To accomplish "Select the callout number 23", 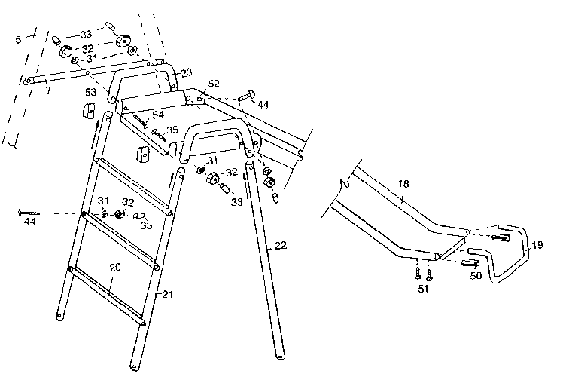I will click(186, 72).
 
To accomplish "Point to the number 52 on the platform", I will click(214, 84).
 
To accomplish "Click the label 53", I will click(91, 92).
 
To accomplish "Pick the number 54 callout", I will click(157, 115).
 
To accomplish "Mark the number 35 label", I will click(172, 130).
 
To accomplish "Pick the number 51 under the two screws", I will click(424, 287).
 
